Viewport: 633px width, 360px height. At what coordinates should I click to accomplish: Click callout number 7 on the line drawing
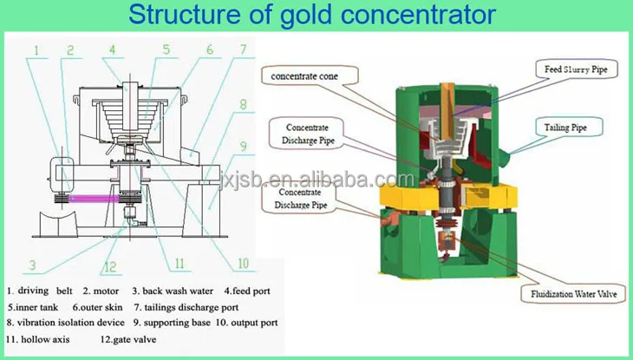(x=244, y=49)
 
